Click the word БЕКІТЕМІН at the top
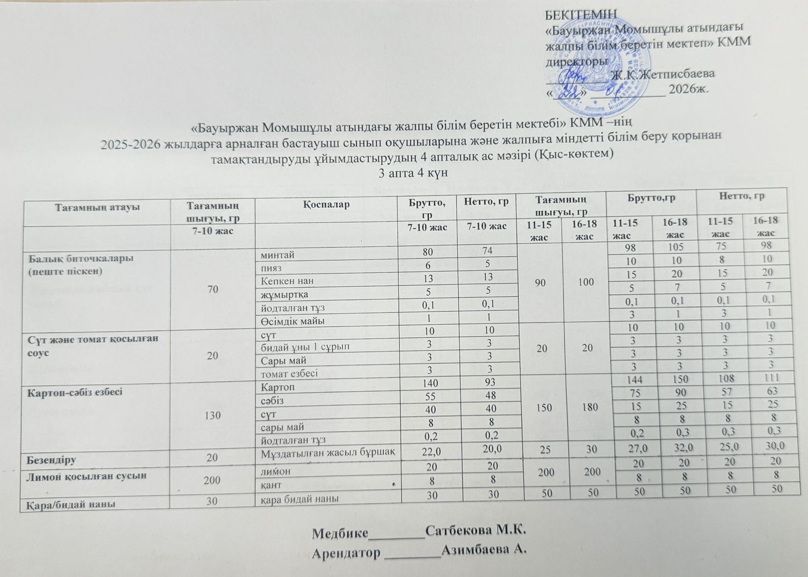[x=581, y=14]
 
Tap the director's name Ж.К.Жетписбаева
[x=663, y=74]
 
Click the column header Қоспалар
[x=327, y=204]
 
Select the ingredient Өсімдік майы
[x=292, y=321]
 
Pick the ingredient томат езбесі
[x=289, y=374]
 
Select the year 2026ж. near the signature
[x=688, y=90]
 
